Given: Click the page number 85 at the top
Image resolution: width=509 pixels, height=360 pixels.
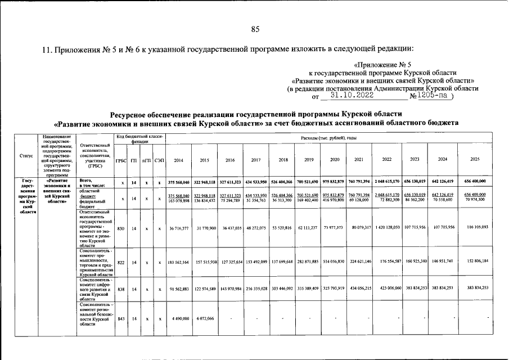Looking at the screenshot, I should (255, 29).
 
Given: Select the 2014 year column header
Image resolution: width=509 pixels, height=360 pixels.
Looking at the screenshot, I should (178, 160).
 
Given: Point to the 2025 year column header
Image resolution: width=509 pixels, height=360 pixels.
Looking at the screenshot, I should (474, 160).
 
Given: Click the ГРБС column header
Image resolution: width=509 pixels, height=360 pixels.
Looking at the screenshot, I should (120, 160).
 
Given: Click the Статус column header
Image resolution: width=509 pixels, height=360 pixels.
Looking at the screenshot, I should (25, 156).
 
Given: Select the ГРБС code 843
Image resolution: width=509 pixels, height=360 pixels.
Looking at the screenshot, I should (120, 318).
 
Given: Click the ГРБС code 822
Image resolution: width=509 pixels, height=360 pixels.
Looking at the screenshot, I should (120, 262).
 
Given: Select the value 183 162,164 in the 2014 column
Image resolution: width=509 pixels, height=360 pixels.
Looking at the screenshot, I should (178, 262).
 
